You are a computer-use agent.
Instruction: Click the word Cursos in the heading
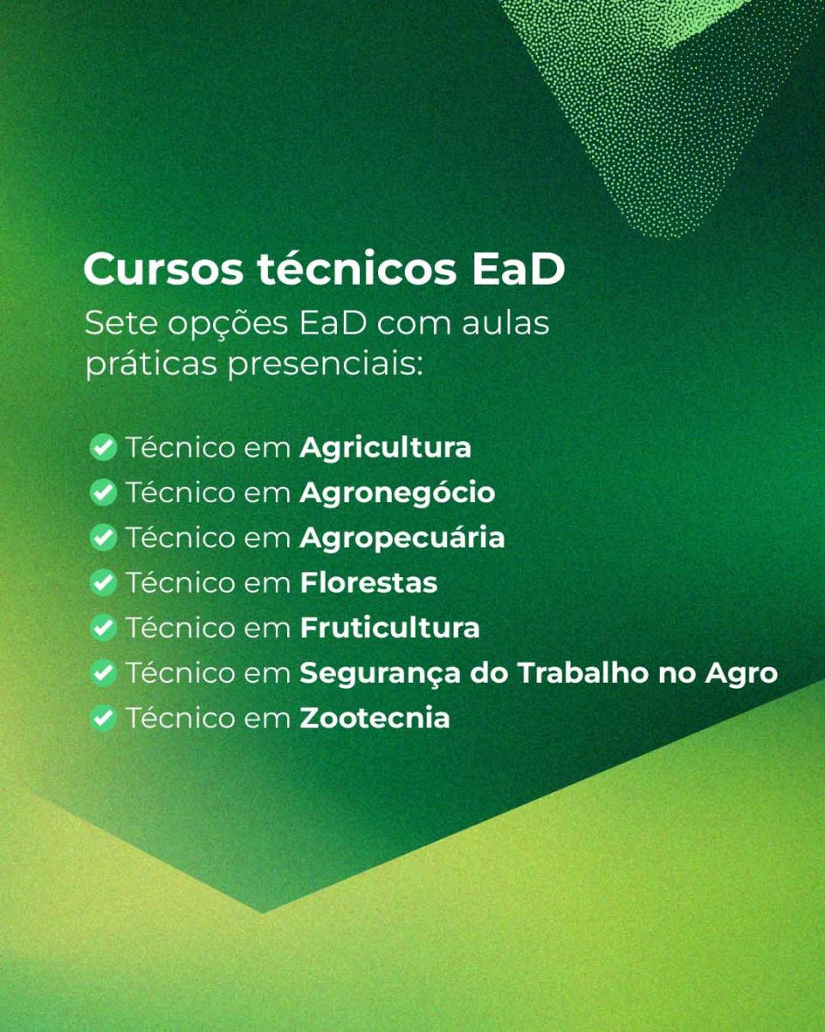tap(163, 269)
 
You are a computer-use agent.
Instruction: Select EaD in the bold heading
tap(519, 269)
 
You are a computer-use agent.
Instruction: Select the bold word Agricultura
tap(385, 449)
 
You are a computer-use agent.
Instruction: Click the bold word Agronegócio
tap(397, 494)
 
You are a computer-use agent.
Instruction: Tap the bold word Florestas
tap(369, 583)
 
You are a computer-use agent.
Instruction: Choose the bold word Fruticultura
tap(390, 628)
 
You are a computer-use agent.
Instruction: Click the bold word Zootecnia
tap(375, 718)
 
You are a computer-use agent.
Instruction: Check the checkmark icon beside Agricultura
tap(103, 447)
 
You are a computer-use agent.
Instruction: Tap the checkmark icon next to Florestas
tap(103, 583)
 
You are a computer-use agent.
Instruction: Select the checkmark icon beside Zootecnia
tap(103, 718)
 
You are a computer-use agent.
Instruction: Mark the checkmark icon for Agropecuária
tap(103, 537)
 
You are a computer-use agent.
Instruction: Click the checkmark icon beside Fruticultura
tap(103, 628)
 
